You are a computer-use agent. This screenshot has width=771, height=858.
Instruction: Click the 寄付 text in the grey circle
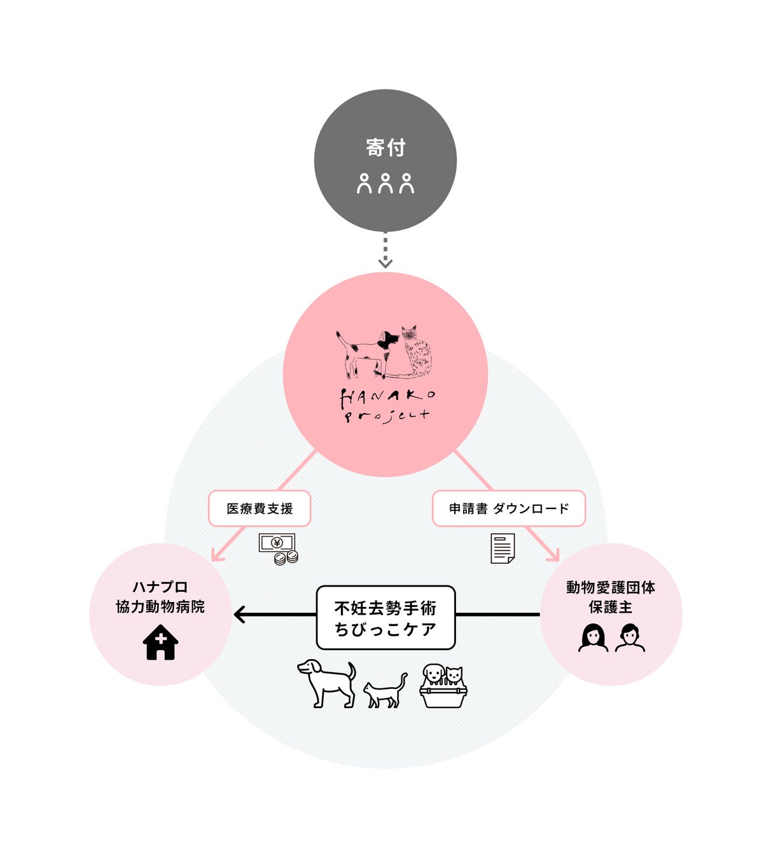coord(385,147)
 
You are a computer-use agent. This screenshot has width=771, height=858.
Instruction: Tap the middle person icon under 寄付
coord(385,183)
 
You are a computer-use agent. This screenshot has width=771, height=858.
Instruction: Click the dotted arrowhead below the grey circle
coord(385,262)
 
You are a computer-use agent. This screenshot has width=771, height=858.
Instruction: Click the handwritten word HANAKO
coord(387,398)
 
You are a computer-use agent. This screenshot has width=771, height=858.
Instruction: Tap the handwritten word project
coord(387,416)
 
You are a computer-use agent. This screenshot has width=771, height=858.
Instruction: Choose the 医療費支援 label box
coord(260,508)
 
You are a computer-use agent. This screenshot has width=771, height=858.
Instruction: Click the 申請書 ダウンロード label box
coord(508,508)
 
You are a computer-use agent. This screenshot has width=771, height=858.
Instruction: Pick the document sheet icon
coord(503,548)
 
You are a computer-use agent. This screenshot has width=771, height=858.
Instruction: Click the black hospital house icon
coord(160,643)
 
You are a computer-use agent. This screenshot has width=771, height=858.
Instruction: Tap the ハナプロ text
coord(160,587)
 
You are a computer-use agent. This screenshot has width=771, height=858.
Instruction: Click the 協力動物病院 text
coord(160,607)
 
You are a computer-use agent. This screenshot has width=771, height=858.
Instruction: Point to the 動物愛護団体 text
coord(611,587)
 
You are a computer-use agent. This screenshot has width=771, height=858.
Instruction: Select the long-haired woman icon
coord(593,637)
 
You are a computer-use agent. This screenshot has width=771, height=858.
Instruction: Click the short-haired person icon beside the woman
coord(630,637)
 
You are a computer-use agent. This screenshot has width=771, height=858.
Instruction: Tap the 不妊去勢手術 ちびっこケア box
coord(385,618)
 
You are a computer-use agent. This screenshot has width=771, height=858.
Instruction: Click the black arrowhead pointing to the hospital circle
coord(240,615)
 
